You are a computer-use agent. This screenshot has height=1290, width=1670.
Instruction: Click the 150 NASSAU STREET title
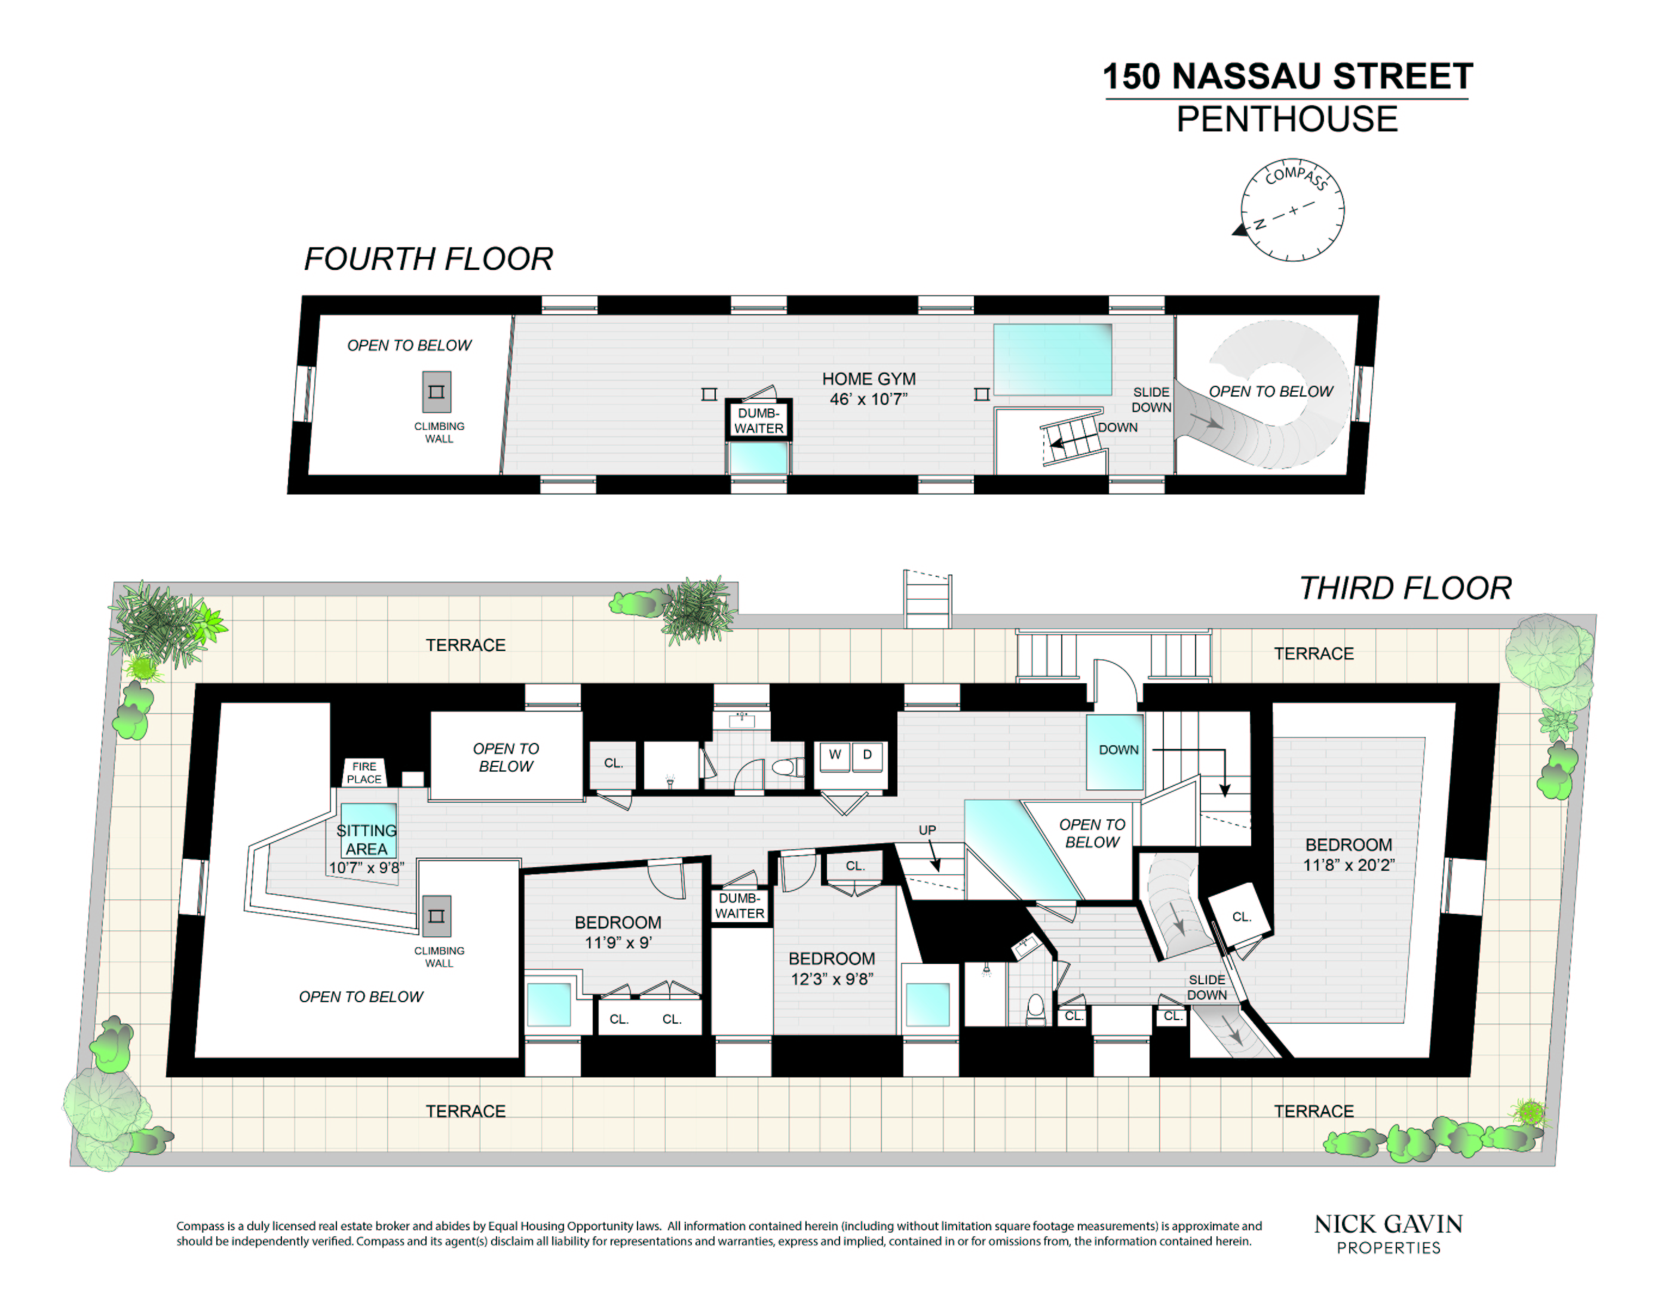coord(1287,76)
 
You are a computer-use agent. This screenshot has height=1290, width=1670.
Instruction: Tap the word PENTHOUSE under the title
coord(1287,119)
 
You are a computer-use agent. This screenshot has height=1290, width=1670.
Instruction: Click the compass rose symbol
coord(1292,210)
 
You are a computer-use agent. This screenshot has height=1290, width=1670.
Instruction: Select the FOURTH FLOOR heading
coord(428,259)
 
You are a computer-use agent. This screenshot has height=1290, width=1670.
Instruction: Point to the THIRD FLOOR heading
coord(1405,588)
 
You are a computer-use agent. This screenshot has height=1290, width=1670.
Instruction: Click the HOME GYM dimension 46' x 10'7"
coord(868,399)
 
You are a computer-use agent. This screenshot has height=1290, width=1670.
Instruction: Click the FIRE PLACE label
coord(364,772)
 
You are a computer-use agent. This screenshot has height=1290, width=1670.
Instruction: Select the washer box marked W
coord(835,755)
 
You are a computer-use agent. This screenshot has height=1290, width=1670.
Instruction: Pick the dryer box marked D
coord(867,755)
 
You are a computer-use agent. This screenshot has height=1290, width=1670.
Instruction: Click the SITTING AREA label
coord(366,839)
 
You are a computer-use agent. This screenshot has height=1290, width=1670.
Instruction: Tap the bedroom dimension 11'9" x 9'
coord(618,942)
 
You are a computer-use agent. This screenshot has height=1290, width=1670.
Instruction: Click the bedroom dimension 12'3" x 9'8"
coord(832,979)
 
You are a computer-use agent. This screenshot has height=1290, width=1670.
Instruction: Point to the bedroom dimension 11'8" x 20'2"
coord(1349,864)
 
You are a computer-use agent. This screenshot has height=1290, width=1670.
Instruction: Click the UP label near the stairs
coord(927,830)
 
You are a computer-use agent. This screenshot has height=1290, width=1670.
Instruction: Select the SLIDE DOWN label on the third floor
coord(1206,987)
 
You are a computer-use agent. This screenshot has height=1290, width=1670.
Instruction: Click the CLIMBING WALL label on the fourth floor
coord(439,432)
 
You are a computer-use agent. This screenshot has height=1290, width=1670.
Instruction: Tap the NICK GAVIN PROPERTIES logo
coord(1388,1233)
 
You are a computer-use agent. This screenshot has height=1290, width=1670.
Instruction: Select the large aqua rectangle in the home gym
coord(1052,359)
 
